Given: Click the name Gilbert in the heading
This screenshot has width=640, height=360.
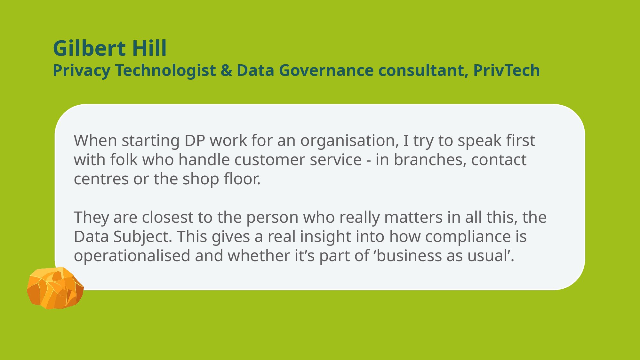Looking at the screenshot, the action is coord(89,48).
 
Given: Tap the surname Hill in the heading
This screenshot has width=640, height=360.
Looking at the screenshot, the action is coord(149,48).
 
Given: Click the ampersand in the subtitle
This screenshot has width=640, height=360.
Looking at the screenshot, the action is coord(226,70).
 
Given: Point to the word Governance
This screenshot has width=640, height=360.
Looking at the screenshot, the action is coord(326,70).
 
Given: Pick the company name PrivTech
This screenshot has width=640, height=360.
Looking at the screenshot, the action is coord(507,70).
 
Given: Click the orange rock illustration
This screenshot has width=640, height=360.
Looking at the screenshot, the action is coord(55,288).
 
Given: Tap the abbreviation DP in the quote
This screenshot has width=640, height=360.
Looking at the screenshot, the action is coord(195,140).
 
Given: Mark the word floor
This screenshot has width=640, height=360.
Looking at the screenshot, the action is coord(242,179).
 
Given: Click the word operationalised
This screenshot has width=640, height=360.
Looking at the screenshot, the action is coord(132,256).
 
